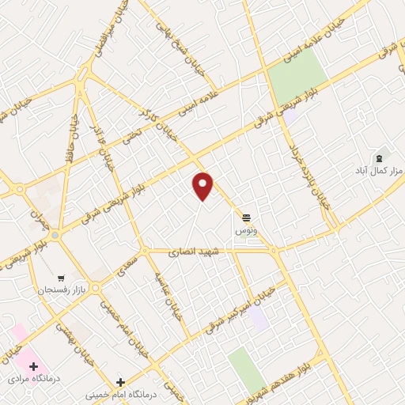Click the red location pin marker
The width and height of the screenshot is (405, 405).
pyautogui.click(x=203, y=185)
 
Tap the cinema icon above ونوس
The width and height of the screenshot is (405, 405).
pyautogui.click(x=247, y=216)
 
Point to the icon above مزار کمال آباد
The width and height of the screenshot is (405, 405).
pyautogui.click(x=379, y=157)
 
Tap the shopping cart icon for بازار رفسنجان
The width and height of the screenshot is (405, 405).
pyautogui.click(x=60, y=278)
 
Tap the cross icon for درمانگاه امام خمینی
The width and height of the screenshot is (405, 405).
pyautogui.click(x=119, y=383)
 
